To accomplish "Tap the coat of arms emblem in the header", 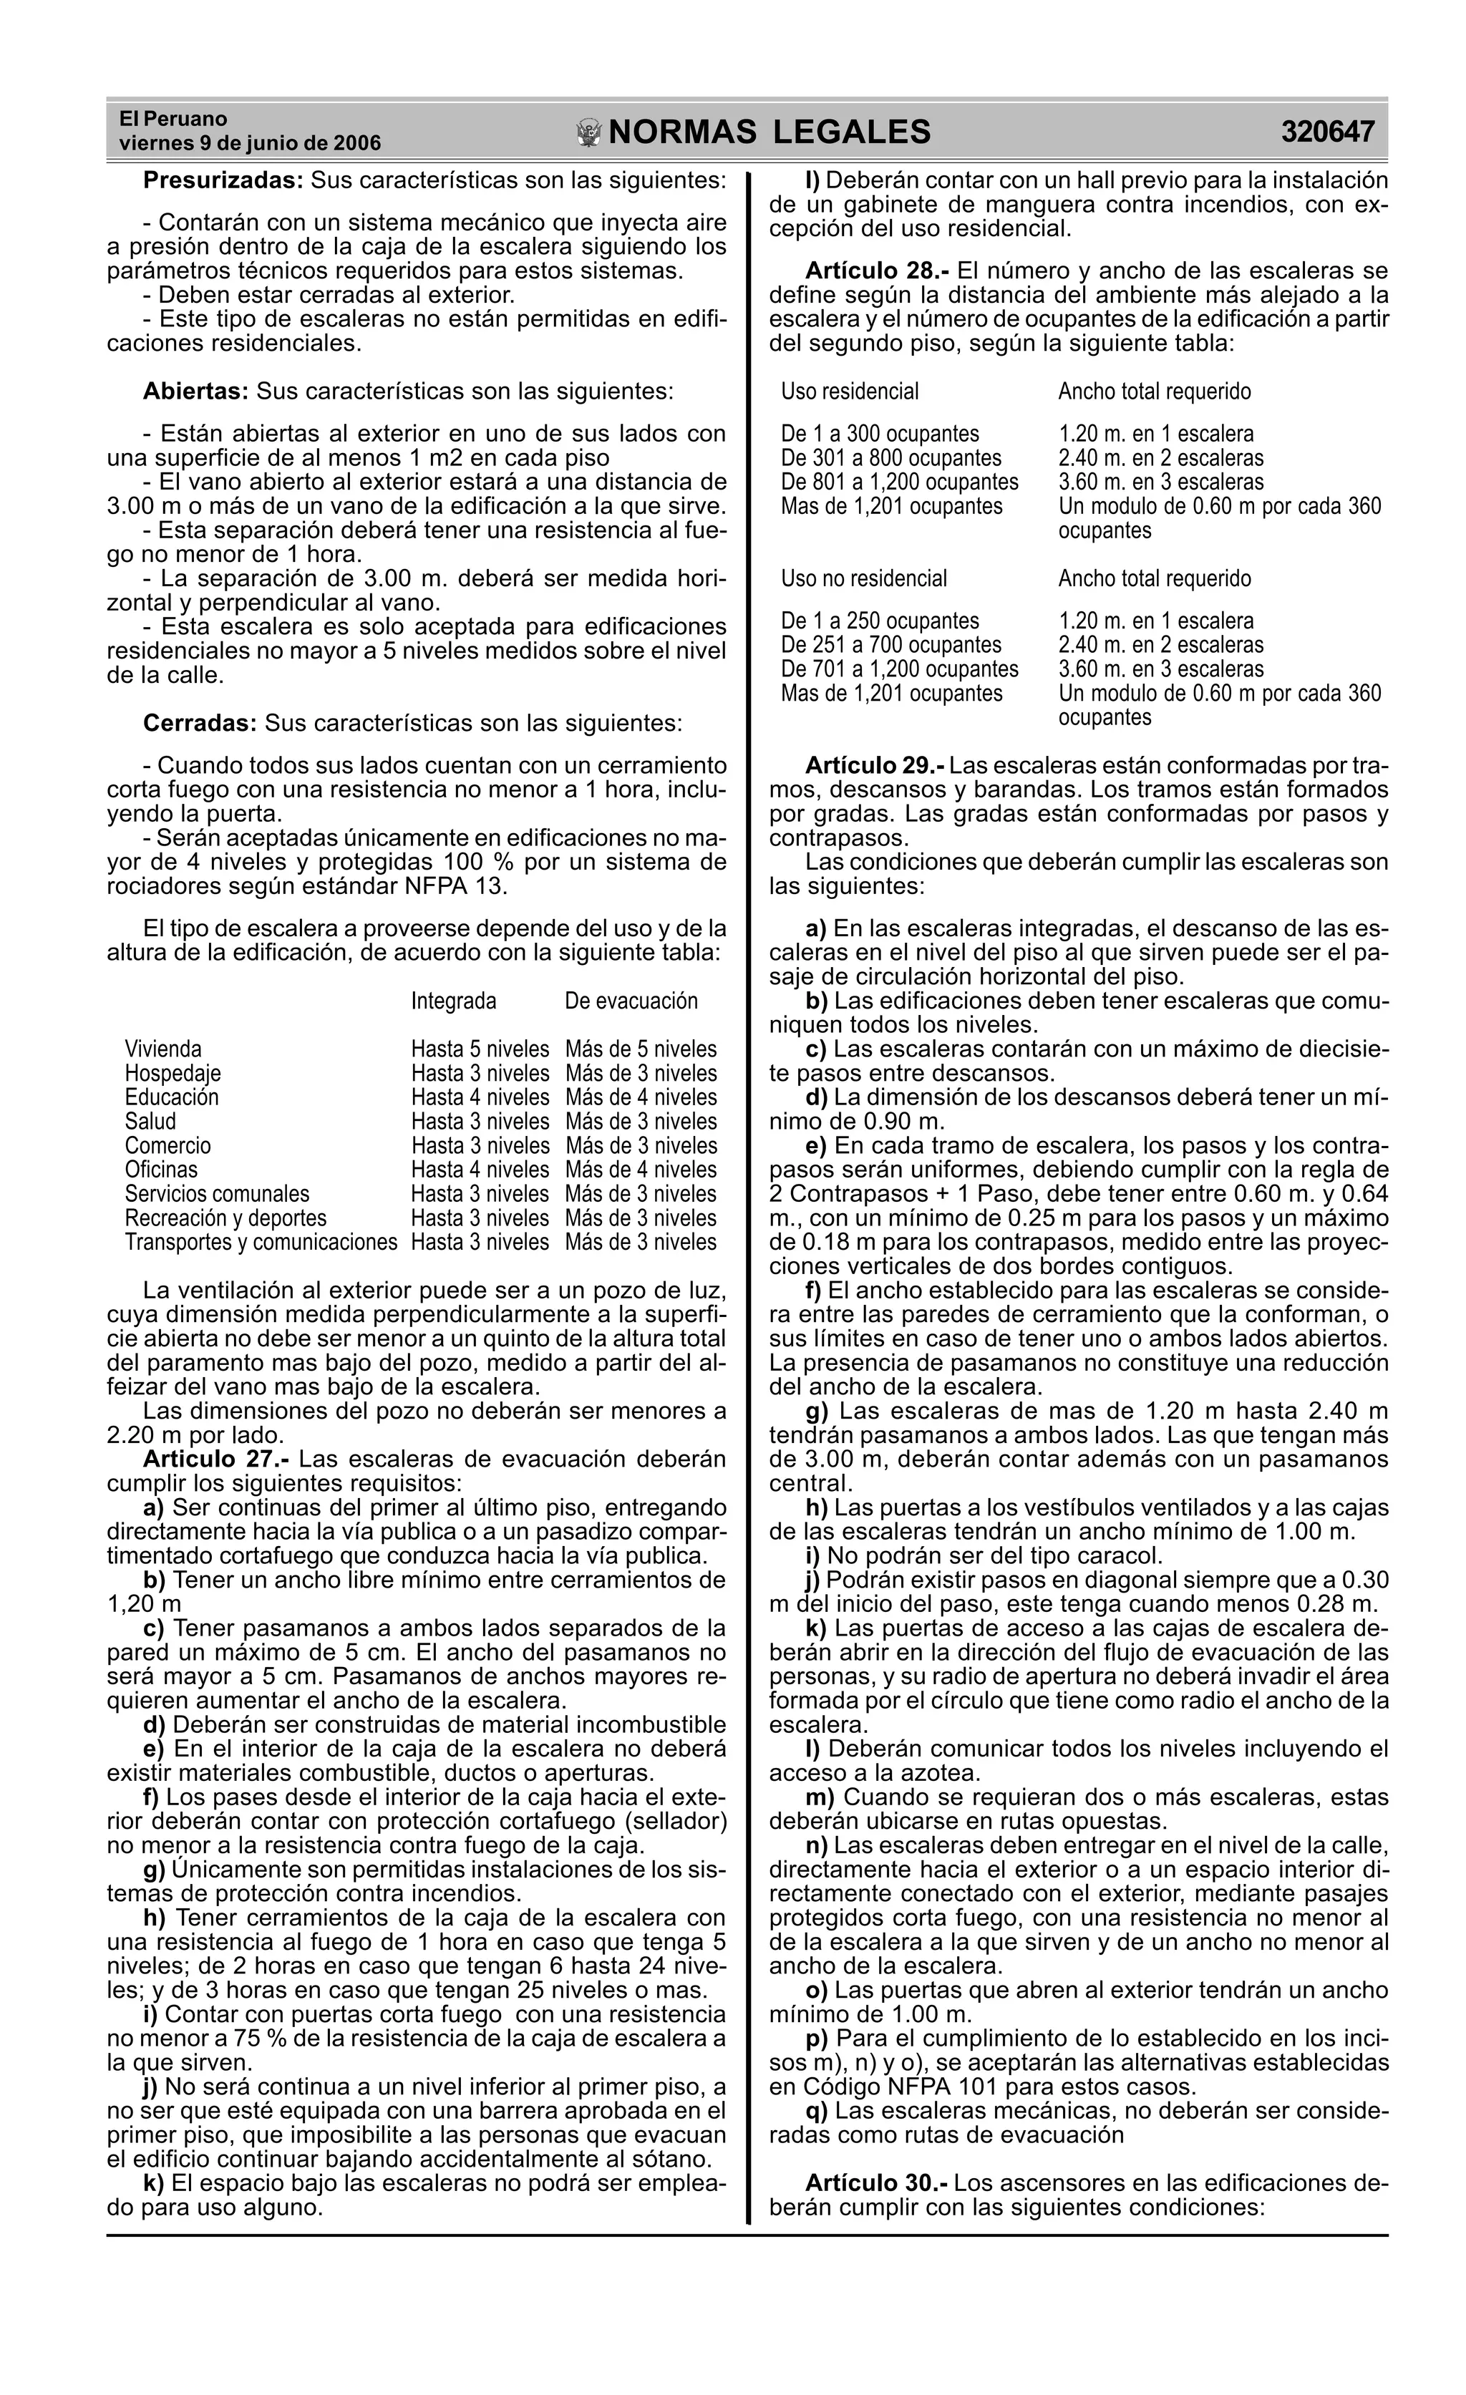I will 589,133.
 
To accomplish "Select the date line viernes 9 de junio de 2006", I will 250,144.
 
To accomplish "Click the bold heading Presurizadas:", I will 223,181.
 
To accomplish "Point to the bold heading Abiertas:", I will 196,392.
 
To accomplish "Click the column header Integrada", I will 453,1001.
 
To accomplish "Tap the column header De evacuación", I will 631,1001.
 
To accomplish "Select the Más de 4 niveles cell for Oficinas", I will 641,1170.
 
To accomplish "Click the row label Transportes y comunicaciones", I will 261,1242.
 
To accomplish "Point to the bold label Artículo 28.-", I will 878,271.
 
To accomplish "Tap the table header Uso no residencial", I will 864,578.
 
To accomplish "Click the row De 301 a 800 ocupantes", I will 891,458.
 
